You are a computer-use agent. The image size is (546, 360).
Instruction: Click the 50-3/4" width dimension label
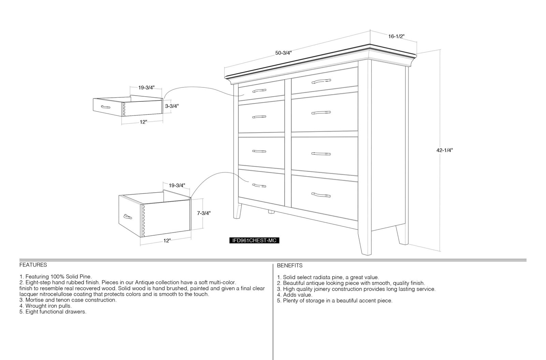tap(284, 53)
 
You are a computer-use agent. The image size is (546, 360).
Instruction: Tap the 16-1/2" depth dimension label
tap(396, 36)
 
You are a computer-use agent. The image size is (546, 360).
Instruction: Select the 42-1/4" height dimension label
tap(445, 150)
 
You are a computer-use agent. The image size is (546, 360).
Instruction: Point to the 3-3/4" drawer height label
tap(172, 106)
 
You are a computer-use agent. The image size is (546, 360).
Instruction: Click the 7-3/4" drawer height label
tap(204, 213)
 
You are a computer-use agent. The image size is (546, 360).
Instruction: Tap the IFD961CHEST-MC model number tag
tap(254, 240)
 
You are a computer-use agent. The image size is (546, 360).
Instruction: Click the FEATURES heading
tap(33, 265)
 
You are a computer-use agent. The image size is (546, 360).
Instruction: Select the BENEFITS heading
tap(290, 266)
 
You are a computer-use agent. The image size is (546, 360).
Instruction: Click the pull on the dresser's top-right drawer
tap(321, 81)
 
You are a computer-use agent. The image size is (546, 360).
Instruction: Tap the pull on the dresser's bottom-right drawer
tap(321, 195)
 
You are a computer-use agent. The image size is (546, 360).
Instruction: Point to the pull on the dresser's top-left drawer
tap(259, 91)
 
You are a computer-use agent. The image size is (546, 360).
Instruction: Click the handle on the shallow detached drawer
tap(105, 107)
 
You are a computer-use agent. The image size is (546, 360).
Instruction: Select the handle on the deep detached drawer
tap(128, 217)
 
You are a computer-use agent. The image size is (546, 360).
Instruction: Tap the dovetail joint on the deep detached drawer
tap(143, 221)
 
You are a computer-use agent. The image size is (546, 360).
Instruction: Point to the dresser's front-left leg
tap(238, 211)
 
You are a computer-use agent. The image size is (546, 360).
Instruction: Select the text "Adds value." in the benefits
tap(297, 295)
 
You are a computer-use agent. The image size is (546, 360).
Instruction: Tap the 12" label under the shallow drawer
tap(143, 122)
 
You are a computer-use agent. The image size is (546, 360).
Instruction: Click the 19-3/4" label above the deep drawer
tap(177, 185)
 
